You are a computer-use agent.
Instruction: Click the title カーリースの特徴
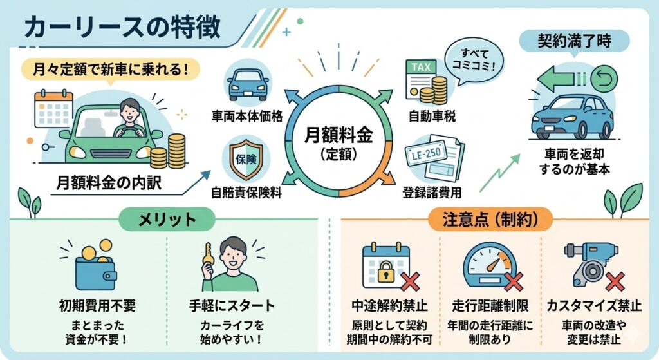pos(122,28)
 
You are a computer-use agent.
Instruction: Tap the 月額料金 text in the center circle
pos(339,137)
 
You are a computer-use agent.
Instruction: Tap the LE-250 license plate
pos(423,155)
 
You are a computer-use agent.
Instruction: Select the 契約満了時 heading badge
pos(574,43)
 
